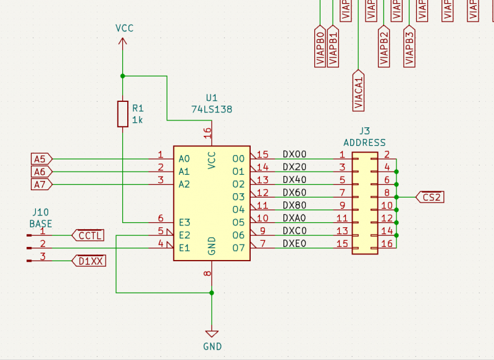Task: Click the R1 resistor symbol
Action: [x=122, y=114]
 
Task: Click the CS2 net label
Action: [x=430, y=197]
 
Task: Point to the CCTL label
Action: [x=89, y=235]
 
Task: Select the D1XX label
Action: [x=90, y=261]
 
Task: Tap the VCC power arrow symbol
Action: [x=122, y=41]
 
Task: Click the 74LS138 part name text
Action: [x=212, y=109]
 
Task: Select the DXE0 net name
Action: [x=295, y=244]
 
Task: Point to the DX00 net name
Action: [x=295, y=154]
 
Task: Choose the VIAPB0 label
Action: [x=320, y=46]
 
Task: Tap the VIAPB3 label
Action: [x=409, y=46]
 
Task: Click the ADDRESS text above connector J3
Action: [x=364, y=143]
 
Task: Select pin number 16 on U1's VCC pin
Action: [x=207, y=132]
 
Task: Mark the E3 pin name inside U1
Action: [x=184, y=222]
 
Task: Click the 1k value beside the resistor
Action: [x=137, y=120]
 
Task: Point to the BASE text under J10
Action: [x=41, y=224]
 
